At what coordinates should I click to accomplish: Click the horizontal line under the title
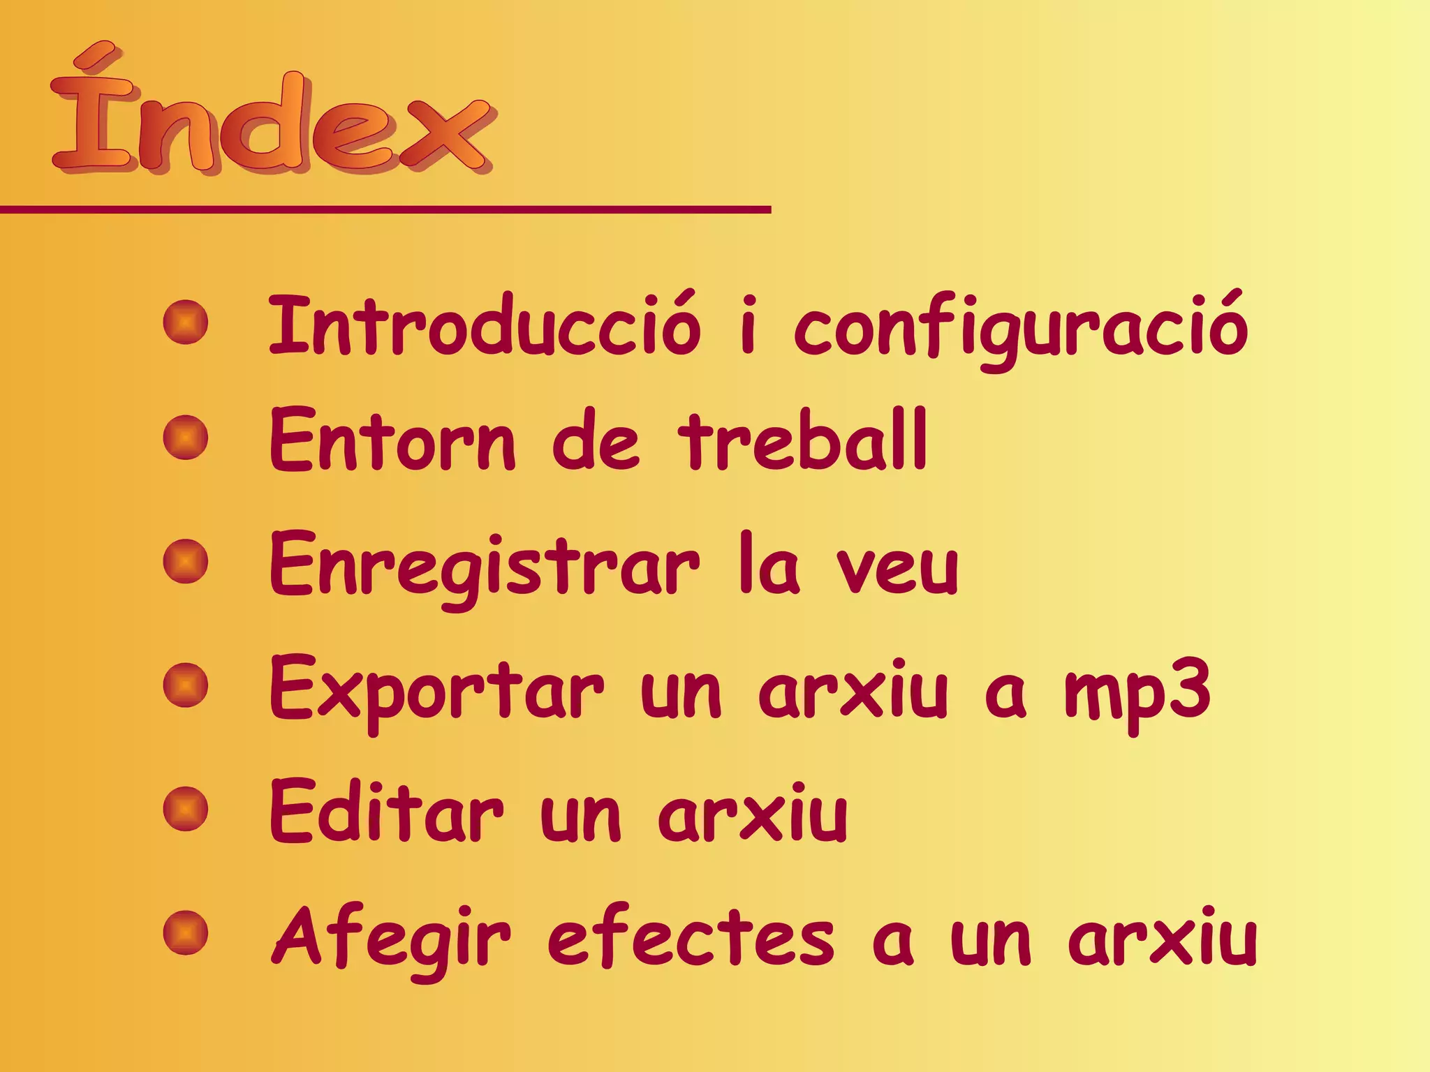[384, 209]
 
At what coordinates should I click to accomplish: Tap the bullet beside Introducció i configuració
[186, 322]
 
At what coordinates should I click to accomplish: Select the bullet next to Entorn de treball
[186, 438]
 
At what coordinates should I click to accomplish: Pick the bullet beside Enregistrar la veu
[186, 562]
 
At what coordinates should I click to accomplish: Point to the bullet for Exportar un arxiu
[186, 685]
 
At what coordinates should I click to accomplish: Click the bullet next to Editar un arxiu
[186, 809]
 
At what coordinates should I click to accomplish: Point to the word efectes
[691, 937]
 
